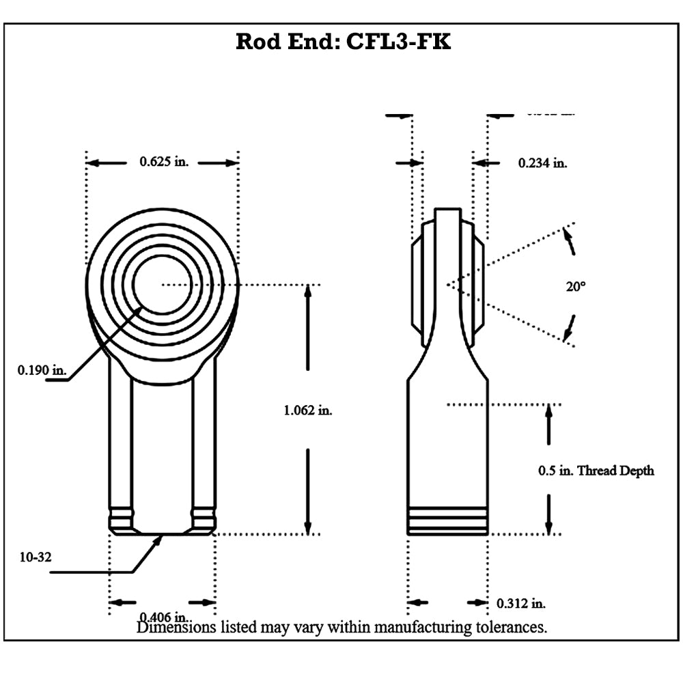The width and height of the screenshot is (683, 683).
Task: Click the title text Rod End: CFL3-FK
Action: (x=343, y=42)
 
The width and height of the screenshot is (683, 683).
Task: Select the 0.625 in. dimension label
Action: (x=164, y=162)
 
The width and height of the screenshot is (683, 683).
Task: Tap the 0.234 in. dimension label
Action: (x=542, y=163)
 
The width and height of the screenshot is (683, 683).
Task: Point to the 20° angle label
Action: (x=575, y=288)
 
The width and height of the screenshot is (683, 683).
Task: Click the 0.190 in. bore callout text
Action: (x=42, y=370)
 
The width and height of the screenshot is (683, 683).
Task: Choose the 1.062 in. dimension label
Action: (x=307, y=410)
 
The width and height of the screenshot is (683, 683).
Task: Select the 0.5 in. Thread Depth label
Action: (x=596, y=471)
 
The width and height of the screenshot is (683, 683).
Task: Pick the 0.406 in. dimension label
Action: (x=163, y=615)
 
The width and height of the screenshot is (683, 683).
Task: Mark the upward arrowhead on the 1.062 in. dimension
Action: (x=307, y=290)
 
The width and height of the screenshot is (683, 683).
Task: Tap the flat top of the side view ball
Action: (x=447, y=208)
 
